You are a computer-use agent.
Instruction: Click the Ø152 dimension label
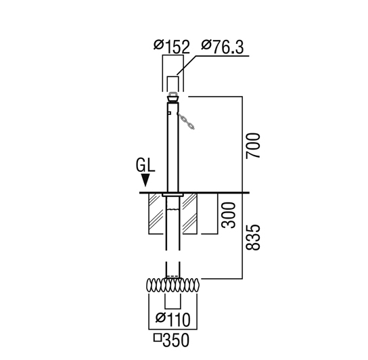point(172,47)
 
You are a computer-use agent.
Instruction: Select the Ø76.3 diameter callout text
point(223,47)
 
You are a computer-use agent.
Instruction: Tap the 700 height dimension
point(253,145)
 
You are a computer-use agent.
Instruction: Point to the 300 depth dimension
point(229,215)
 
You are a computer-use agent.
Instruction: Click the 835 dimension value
point(253,238)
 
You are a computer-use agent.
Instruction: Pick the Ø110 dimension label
point(173,319)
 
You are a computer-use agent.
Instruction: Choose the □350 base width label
point(171,340)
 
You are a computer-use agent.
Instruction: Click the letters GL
point(145,165)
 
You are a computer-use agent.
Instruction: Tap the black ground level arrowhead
point(146,180)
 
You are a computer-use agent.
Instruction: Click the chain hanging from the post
point(186,120)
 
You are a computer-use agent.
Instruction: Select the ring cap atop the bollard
point(172,97)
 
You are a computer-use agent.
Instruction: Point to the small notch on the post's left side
point(169,113)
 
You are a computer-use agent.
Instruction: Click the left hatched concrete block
point(156,213)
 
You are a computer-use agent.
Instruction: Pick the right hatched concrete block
point(190,213)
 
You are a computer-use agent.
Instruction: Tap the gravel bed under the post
point(173,286)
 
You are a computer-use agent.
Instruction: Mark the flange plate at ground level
point(172,195)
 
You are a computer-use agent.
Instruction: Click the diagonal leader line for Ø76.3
point(187,66)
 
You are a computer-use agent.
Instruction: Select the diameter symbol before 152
point(158,45)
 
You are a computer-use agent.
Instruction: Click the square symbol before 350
point(158,338)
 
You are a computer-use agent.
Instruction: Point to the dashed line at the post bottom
point(173,275)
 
